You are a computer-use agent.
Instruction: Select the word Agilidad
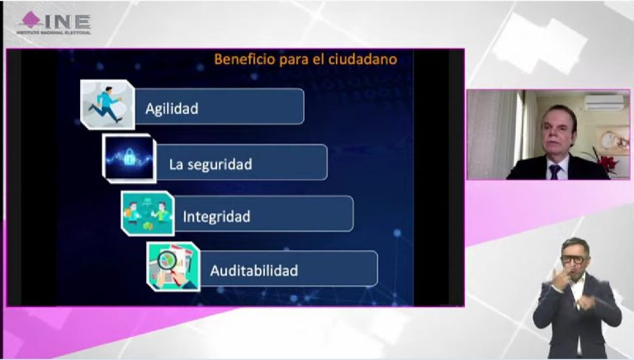point(172,108)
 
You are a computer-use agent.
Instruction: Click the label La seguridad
point(211,164)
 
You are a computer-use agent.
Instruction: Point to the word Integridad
point(216,217)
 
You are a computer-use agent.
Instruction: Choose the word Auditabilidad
point(253,270)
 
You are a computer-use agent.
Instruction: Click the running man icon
point(107,103)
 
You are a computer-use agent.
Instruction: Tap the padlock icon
point(128,157)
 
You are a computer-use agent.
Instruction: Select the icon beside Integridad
point(147,213)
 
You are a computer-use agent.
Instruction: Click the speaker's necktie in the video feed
point(555,171)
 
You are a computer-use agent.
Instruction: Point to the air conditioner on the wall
point(604,102)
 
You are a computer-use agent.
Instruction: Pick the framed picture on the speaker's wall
point(612,140)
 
